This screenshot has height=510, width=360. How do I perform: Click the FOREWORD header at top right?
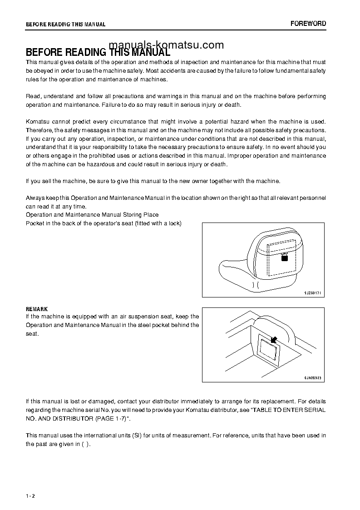pos(308,24)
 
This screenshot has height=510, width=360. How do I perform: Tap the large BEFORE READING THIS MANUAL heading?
pos(98,52)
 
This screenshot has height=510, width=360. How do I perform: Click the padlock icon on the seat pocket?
pos(284,257)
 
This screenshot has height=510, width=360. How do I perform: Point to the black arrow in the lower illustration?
pos(274,339)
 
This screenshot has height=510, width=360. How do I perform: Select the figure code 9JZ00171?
pos(312,293)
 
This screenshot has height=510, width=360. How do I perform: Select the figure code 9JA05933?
pos(312,378)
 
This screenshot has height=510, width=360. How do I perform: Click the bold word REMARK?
pos(37,309)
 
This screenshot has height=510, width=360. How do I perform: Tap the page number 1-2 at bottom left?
pos(30,496)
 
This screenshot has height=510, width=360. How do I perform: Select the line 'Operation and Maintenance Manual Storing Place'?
pos(92,215)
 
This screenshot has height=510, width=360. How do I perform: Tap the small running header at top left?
pos(66,25)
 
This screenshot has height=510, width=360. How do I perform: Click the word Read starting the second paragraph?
pos(33,96)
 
